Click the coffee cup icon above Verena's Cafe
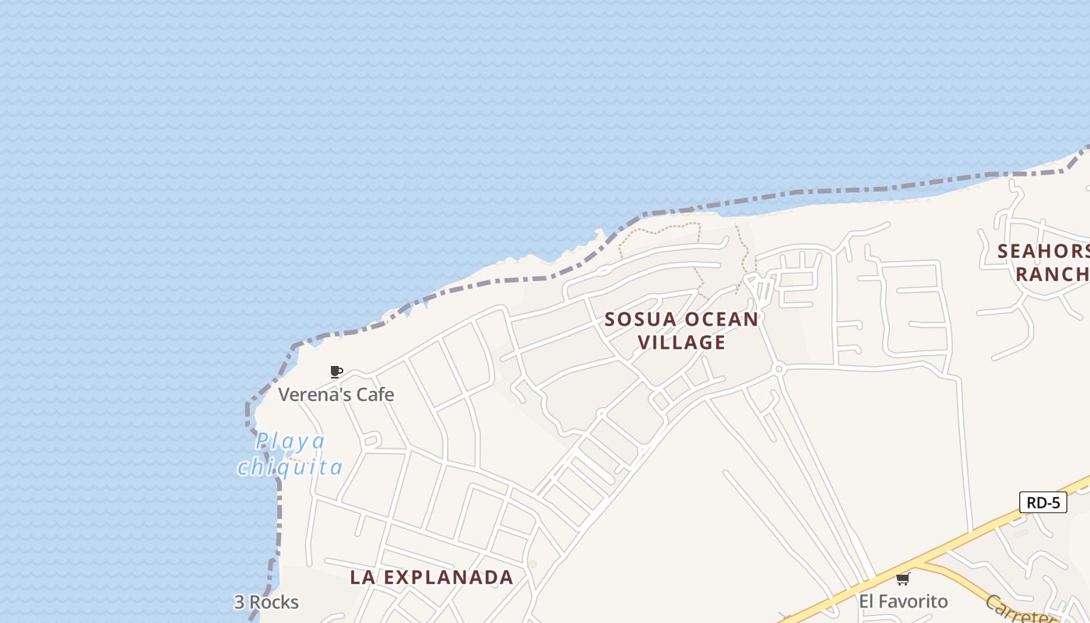(x=336, y=371)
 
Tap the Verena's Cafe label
(x=336, y=395)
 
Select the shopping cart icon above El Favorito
(x=903, y=579)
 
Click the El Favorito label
(x=903, y=601)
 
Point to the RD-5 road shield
(x=1043, y=502)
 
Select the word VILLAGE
(x=682, y=342)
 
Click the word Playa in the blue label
(x=290, y=442)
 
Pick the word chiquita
(x=290, y=467)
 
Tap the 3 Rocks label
(x=266, y=602)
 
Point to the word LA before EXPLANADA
(x=361, y=577)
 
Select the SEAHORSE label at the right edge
(x=1043, y=252)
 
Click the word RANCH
(x=1051, y=274)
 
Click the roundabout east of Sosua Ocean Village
(x=778, y=368)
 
